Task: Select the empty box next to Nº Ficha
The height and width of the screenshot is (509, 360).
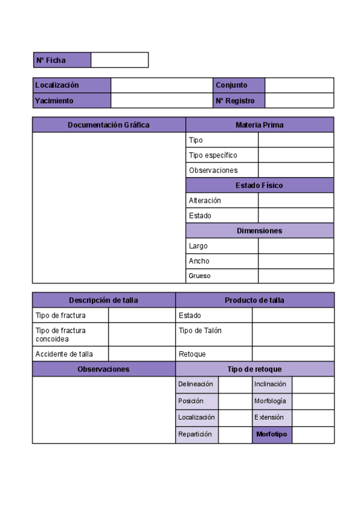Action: (119, 60)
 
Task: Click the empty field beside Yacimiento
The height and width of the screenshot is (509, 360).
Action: (161, 101)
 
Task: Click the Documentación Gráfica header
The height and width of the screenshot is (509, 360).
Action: (109, 125)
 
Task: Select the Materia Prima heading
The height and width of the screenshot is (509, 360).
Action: (259, 125)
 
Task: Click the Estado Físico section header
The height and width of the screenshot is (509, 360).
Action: (259, 185)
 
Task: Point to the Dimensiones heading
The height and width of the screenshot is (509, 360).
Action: (259, 230)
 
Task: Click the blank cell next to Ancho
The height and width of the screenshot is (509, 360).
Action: (296, 261)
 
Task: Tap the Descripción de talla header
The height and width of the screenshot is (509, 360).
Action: (104, 300)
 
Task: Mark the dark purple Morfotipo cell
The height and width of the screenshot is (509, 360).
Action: (272, 435)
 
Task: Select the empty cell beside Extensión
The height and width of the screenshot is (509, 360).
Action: (313, 417)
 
